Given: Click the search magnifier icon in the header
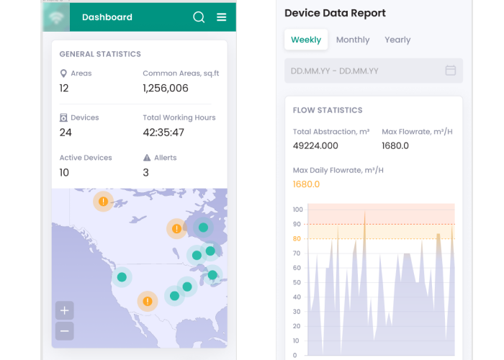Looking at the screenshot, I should tap(199, 17).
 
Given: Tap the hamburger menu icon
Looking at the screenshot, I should tap(222, 17).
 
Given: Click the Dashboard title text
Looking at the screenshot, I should tap(107, 17).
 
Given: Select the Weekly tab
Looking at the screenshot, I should tap(306, 40).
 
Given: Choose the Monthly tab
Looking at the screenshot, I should tap(353, 40).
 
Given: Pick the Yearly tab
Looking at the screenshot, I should tap(397, 40).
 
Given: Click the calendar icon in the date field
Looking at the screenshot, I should tap(450, 71).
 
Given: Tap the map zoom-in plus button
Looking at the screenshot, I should tap(65, 310).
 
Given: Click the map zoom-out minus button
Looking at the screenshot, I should tap(65, 331).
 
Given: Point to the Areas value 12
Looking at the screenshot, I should tap(64, 88).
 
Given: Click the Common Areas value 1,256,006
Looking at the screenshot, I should tap(166, 88).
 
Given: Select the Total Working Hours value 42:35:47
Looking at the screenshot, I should tap(163, 132).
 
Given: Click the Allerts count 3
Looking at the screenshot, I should tap(146, 172).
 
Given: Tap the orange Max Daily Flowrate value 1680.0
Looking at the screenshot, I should tap(306, 184).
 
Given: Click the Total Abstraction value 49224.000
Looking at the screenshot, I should tap(315, 145).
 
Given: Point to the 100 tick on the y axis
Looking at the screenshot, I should tap(297, 210).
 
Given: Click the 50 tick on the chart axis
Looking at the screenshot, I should tap(297, 282).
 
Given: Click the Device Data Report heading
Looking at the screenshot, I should tap(335, 13).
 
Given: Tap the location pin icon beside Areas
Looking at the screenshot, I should tap(63, 73).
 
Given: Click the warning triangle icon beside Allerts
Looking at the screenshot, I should tap(147, 158).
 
